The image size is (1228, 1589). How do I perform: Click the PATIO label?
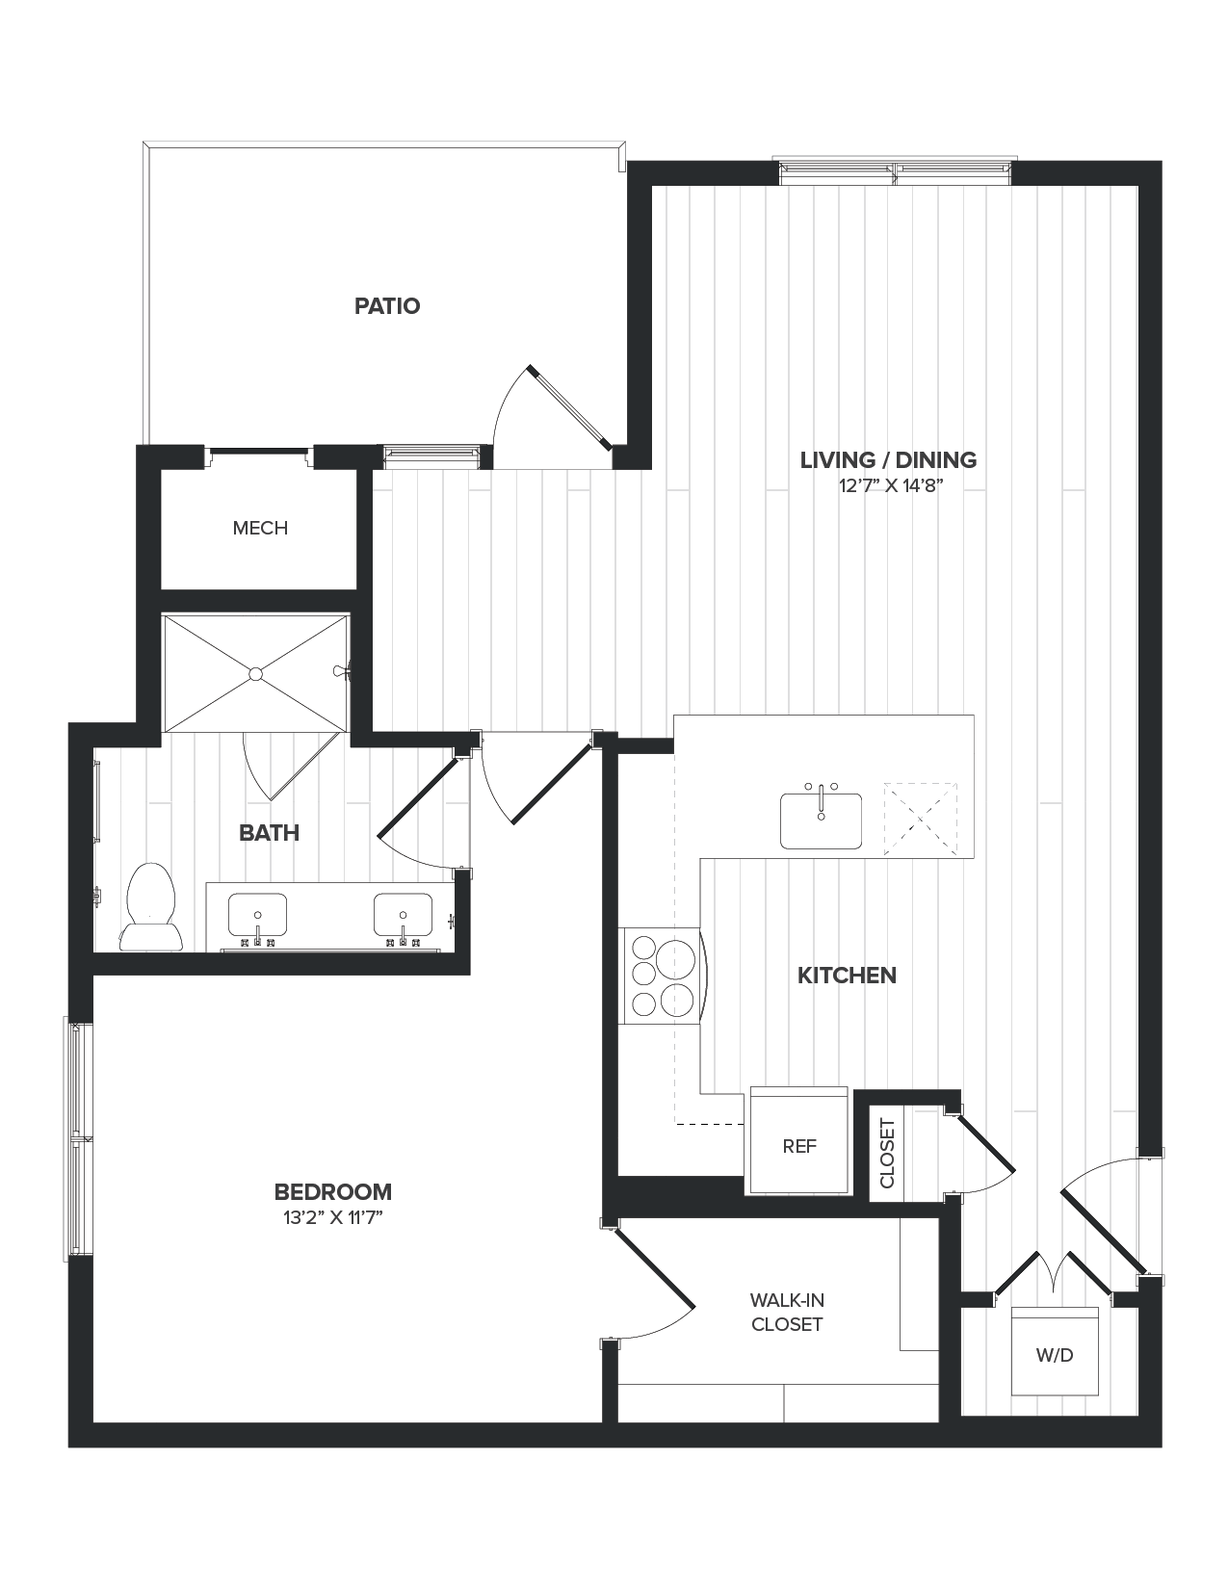tap(387, 306)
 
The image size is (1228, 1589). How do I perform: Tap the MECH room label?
tap(260, 528)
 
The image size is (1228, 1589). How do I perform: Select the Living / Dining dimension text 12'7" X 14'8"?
tap(888, 486)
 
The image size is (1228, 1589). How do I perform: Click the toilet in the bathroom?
tap(150, 907)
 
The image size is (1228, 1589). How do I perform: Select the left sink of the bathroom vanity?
tap(257, 915)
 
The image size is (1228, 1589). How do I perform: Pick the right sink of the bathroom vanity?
tap(403, 915)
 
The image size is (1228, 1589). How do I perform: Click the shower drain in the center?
tap(255, 673)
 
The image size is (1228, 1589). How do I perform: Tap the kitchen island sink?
tap(821, 821)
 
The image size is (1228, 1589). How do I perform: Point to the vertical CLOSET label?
tap(887, 1153)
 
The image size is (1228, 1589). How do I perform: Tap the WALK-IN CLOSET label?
tap(787, 1313)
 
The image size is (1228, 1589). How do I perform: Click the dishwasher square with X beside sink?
tap(921, 818)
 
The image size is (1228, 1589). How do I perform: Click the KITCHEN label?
tap(847, 976)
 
